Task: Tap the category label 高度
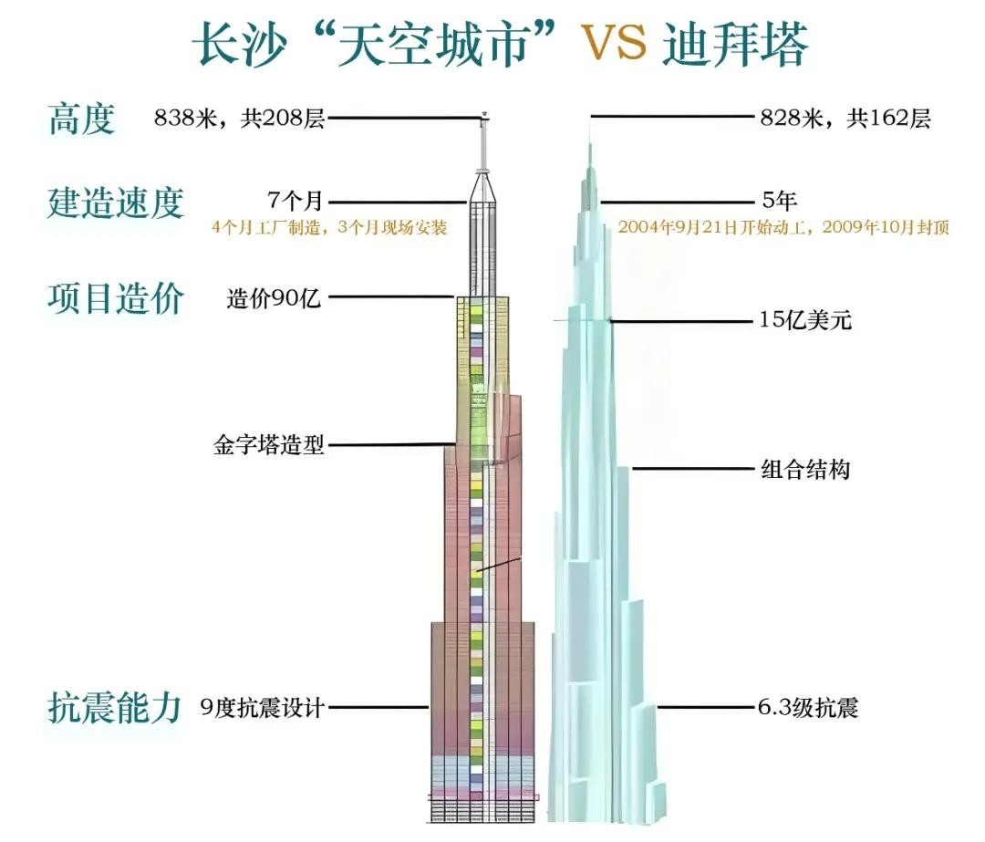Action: [x=82, y=119]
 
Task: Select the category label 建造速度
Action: [x=116, y=203]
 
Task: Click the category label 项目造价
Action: [x=116, y=298]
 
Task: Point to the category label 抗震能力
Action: [x=116, y=708]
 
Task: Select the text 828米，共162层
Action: [x=845, y=119]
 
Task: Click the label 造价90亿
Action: [x=274, y=297]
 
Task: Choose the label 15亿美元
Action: [x=805, y=320]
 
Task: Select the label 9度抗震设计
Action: [x=262, y=708]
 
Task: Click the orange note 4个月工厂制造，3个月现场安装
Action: [x=329, y=228]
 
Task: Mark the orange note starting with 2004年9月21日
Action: [x=783, y=228]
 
